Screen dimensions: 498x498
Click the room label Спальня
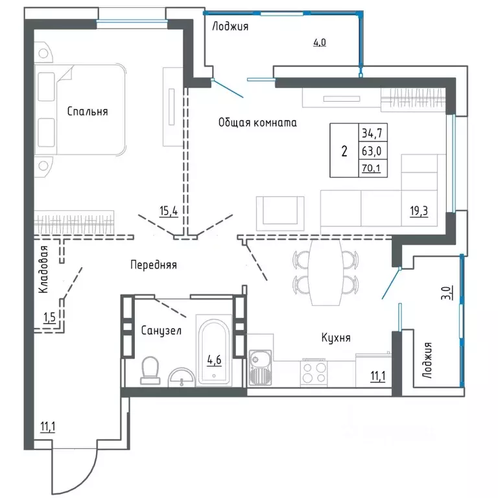click(x=88, y=112)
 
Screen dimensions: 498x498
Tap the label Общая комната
click(x=257, y=122)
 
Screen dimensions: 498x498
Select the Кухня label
click(x=336, y=338)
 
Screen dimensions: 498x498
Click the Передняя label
click(x=153, y=265)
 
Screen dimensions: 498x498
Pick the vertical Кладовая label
click(x=43, y=271)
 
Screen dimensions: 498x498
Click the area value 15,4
click(x=168, y=210)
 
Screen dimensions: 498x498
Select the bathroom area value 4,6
click(x=214, y=358)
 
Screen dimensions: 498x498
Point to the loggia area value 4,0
click(x=320, y=43)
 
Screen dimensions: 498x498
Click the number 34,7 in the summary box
click(x=370, y=133)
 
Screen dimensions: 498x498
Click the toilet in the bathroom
click(x=149, y=369)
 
